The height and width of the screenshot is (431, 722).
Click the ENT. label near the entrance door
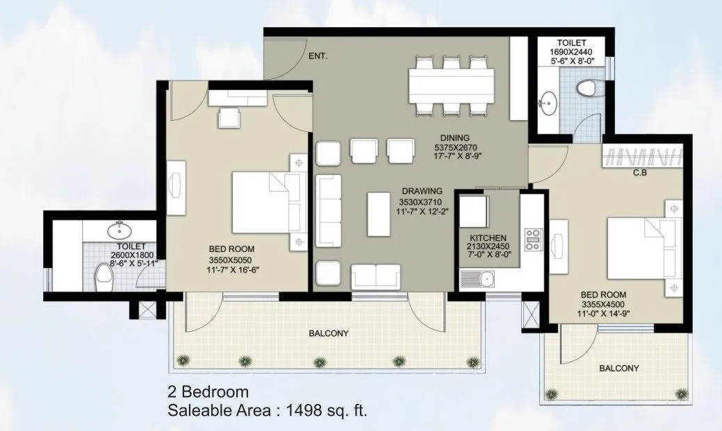pyautogui.click(x=318, y=56)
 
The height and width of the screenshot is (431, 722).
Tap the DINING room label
pyautogui.click(x=454, y=137)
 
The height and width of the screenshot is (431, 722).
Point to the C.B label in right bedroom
pyautogui.click(x=640, y=174)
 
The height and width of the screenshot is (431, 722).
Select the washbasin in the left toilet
pyautogui.click(x=118, y=229)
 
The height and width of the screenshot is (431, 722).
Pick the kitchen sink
pyautogui.click(x=477, y=280)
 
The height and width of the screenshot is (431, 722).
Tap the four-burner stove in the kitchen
pyautogui.click(x=533, y=239)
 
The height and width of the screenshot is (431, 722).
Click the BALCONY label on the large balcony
pyautogui.click(x=328, y=333)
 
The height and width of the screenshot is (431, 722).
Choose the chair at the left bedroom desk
pyautogui.click(x=231, y=118)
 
